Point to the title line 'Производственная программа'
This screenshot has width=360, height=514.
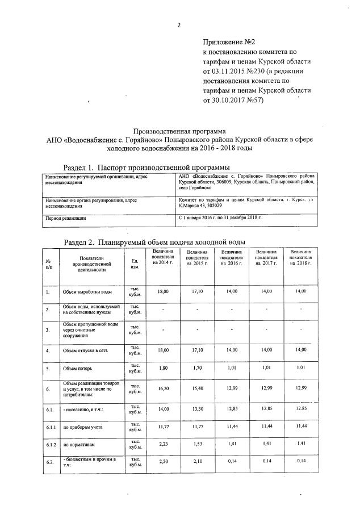pyautogui.click(x=179, y=130)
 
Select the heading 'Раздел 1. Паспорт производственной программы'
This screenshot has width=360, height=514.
pyautogui.click(x=146, y=168)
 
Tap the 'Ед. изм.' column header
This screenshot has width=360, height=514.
pyautogui.click(x=135, y=264)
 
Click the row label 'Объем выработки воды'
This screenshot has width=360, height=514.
pyautogui.click(x=87, y=292)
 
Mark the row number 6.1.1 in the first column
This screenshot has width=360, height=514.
pyautogui.click(x=51, y=427)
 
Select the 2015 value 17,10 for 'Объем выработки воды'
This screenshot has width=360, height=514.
pyautogui.click(x=197, y=291)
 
